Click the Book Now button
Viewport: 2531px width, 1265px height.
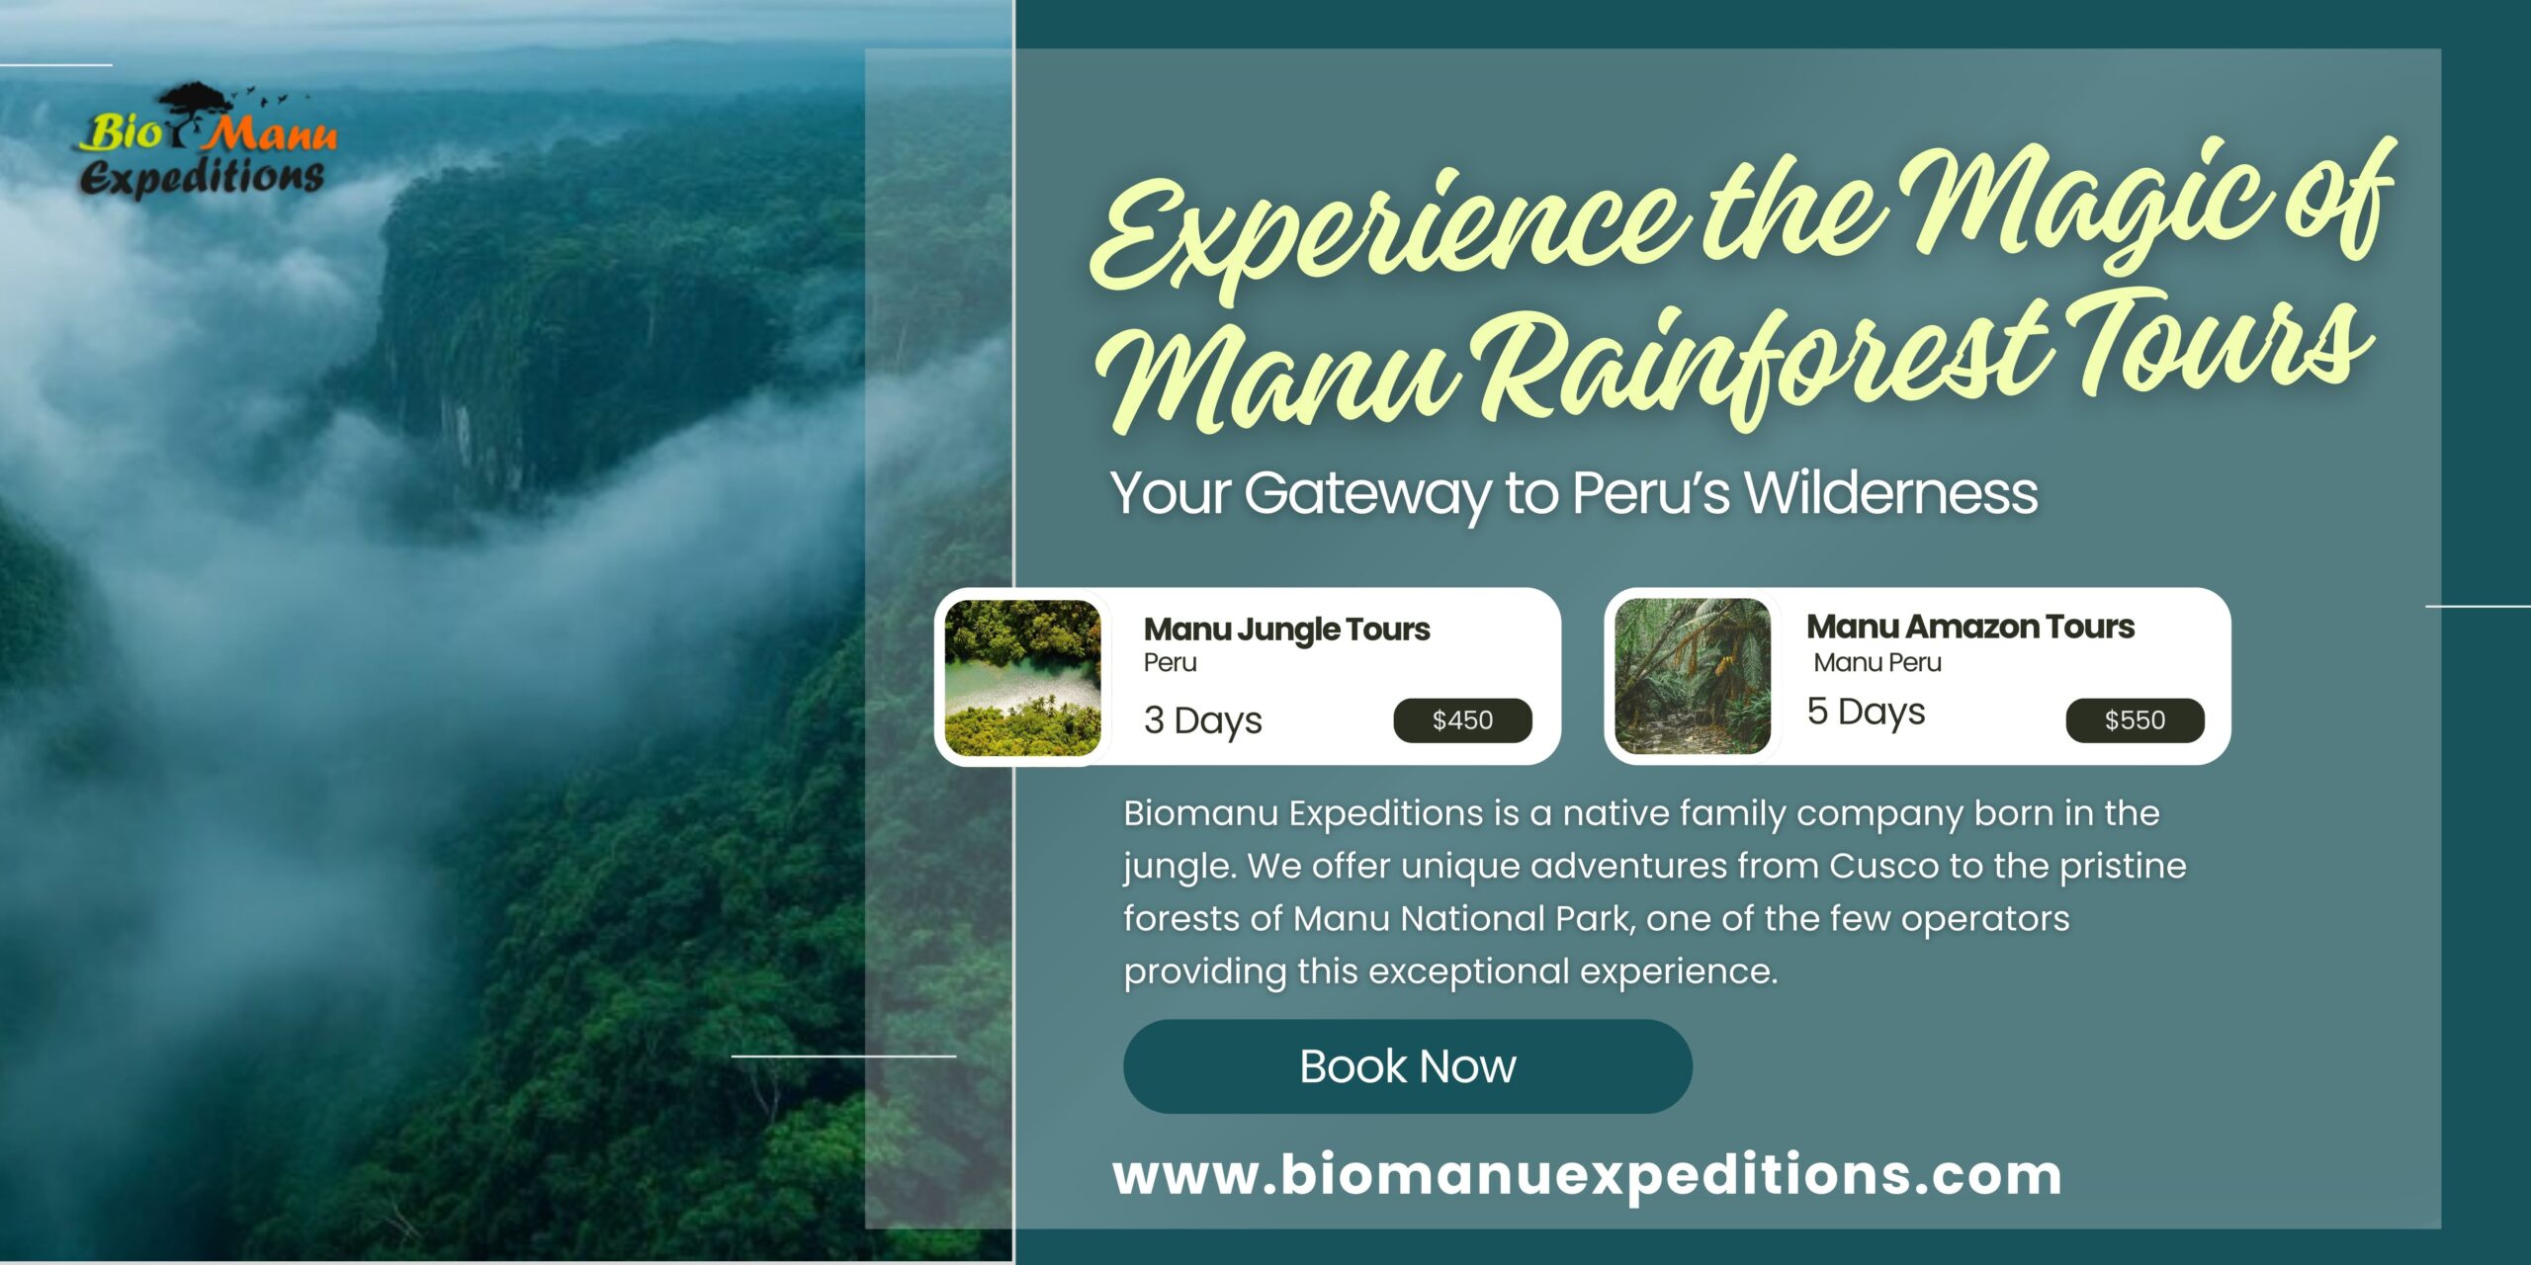point(1407,1066)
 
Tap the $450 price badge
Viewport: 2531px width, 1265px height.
point(1462,720)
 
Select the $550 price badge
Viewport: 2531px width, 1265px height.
point(2135,720)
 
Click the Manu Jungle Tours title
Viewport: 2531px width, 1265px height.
point(1286,630)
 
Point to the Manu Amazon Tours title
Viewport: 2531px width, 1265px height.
point(1970,627)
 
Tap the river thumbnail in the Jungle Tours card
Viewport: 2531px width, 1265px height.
point(1022,678)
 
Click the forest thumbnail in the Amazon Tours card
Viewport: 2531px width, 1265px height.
point(1693,676)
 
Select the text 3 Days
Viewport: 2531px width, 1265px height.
point(1203,721)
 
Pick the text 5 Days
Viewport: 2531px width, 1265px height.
point(1866,713)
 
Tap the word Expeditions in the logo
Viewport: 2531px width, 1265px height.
point(202,178)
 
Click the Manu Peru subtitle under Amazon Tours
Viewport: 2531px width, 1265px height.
point(1877,663)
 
